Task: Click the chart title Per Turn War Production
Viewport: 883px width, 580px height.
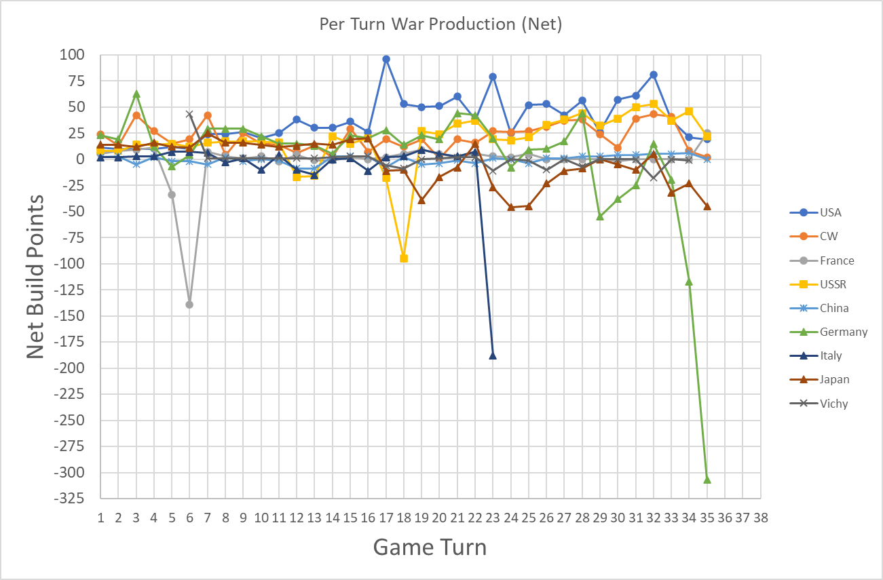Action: (x=441, y=24)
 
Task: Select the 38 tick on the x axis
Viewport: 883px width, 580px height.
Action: (x=760, y=518)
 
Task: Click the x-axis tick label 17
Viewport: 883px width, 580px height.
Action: (x=386, y=518)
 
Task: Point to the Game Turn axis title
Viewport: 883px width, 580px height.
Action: (x=430, y=547)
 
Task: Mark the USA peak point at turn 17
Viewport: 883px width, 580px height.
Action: (x=386, y=59)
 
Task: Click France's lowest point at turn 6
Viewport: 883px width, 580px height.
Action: (x=189, y=305)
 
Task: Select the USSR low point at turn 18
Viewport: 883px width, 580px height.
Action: (x=404, y=258)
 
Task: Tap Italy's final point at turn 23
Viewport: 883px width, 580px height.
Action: (x=493, y=355)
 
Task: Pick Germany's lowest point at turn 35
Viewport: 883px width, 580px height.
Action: (x=707, y=480)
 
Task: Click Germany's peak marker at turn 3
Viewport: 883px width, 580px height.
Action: (x=136, y=94)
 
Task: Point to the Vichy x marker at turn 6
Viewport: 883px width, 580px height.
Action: (x=189, y=114)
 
